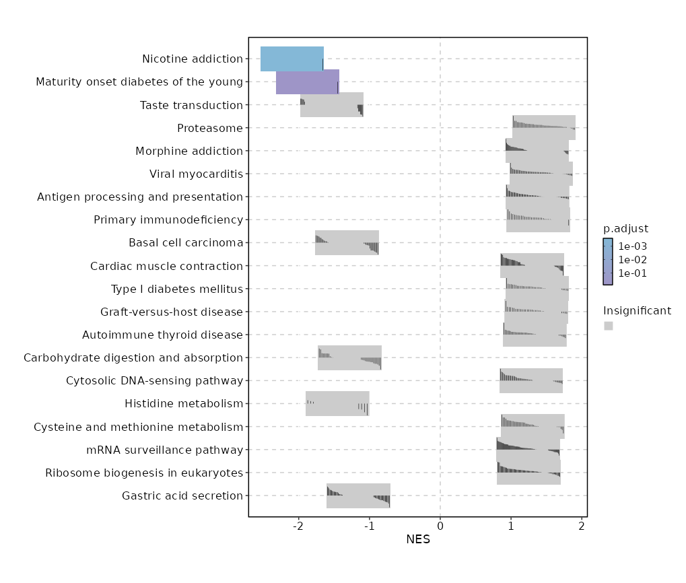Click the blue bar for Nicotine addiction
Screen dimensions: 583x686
pyautogui.click(x=291, y=59)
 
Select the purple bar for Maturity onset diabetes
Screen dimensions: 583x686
pyautogui.click(x=307, y=81)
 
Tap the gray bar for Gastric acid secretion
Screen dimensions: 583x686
pyautogui.click(x=358, y=496)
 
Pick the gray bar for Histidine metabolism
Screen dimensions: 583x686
pyautogui.click(x=337, y=404)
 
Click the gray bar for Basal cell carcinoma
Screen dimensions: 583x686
pyautogui.click(x=347, y=242)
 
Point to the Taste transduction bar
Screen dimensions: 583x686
pyautogui.click(x=331, y=105)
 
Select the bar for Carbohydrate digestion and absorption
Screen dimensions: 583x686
pyautogui.click(x=349, y=357)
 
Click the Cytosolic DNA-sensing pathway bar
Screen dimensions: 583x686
pyautogui.click(x=530, y=381)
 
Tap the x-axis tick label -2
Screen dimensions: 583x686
pyautogui.click(x=298, y=526)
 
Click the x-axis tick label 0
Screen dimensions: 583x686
pyautogui.click(x=440, y=526)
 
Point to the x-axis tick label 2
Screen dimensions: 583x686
pyautogui.click(x=582, y=526)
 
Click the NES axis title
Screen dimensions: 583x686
pyautogui.click(x=418, y=539)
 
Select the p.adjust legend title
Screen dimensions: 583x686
pyautogui.click(x=625, y=228)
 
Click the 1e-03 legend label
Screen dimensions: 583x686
pyautogui.click(x=633, y=246)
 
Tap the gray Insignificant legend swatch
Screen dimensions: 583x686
pyautogui.click(x=608, y=326)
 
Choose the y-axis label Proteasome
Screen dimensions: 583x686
pyautogui.click(x=209, y=129)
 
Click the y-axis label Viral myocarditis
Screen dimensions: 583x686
pyautogui.click(x=196, y=174)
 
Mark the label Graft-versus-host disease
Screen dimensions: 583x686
pyautogui.click(x=171, y=312)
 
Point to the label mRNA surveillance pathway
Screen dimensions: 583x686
pyautogui.click(x=164, y=450)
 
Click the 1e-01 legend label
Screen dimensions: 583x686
pyautogui.click(x=633, y=273)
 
